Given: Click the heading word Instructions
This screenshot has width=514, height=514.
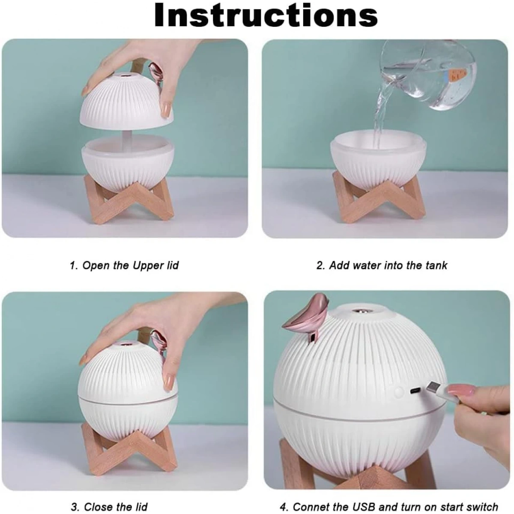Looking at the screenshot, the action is click(266, 15).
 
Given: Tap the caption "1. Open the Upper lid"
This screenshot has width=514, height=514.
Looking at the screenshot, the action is click(124, 266).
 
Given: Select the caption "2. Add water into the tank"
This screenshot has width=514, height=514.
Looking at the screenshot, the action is click(382, 266).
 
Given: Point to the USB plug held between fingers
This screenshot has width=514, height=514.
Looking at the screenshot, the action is click(441, 392).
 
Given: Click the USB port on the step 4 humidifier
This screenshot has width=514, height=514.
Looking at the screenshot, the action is click(415, 391).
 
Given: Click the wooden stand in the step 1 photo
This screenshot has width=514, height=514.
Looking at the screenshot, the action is click(128, 200).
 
